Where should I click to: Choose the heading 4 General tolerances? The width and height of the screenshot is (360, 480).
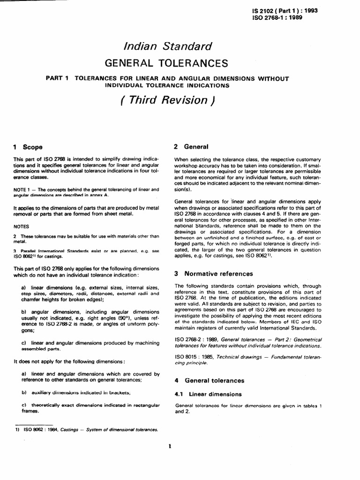(x=209, y=380)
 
